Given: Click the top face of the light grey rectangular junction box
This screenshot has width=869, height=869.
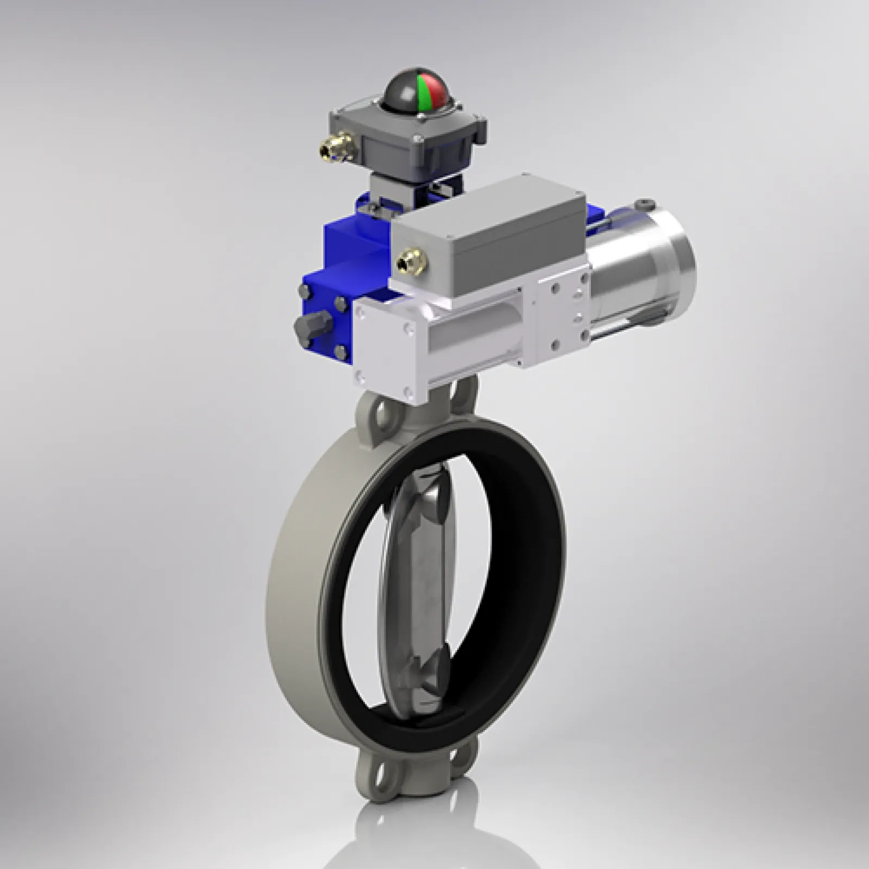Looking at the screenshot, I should (489, 206).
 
